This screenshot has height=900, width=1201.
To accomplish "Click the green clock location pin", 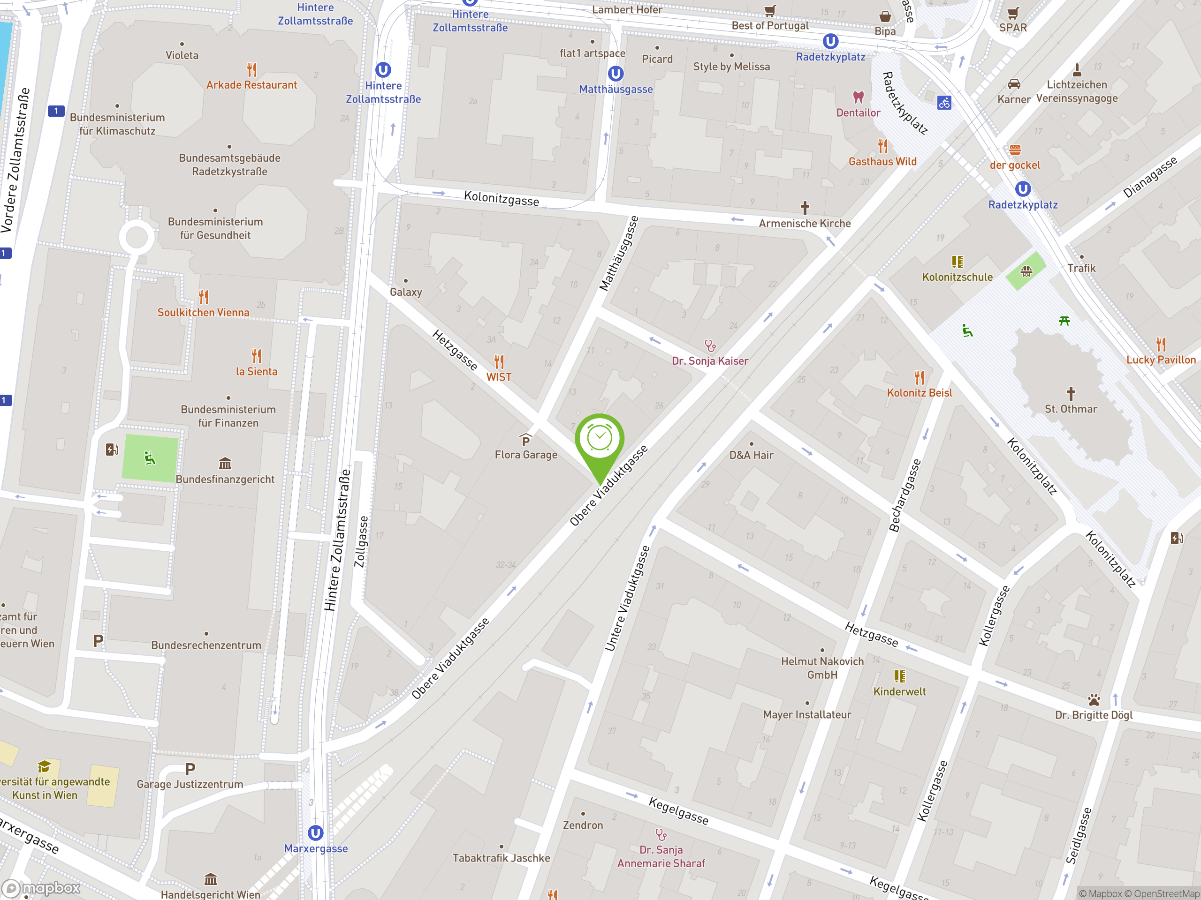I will (600, 438).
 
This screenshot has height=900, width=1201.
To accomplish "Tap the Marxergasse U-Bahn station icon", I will (315, 832).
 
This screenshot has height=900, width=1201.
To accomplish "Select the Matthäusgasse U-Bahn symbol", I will (615, 73).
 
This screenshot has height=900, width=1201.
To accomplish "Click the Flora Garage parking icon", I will (525, 439).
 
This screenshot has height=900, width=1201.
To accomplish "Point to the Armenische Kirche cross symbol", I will (805, 208).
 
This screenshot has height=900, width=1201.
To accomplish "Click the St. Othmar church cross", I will (1071, 393).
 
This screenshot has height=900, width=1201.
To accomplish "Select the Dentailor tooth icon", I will (858, 97).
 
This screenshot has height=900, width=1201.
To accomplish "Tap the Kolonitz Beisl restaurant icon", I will (919, 377).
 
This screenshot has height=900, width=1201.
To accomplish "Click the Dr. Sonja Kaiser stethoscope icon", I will (710, 345).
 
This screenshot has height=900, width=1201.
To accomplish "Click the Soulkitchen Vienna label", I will (203, 313).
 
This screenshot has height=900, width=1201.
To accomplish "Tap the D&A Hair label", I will (751, 455).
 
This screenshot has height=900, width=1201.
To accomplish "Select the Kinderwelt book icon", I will (900, 676).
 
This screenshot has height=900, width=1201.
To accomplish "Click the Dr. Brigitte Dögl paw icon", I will (1094, 700).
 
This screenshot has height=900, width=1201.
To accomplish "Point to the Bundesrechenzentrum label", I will (206, 645).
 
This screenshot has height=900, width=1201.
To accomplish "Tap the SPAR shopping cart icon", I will (1012, 13).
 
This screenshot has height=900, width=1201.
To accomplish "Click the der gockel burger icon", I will (1015, 150).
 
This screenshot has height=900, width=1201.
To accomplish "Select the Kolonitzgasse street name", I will (501, 199).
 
